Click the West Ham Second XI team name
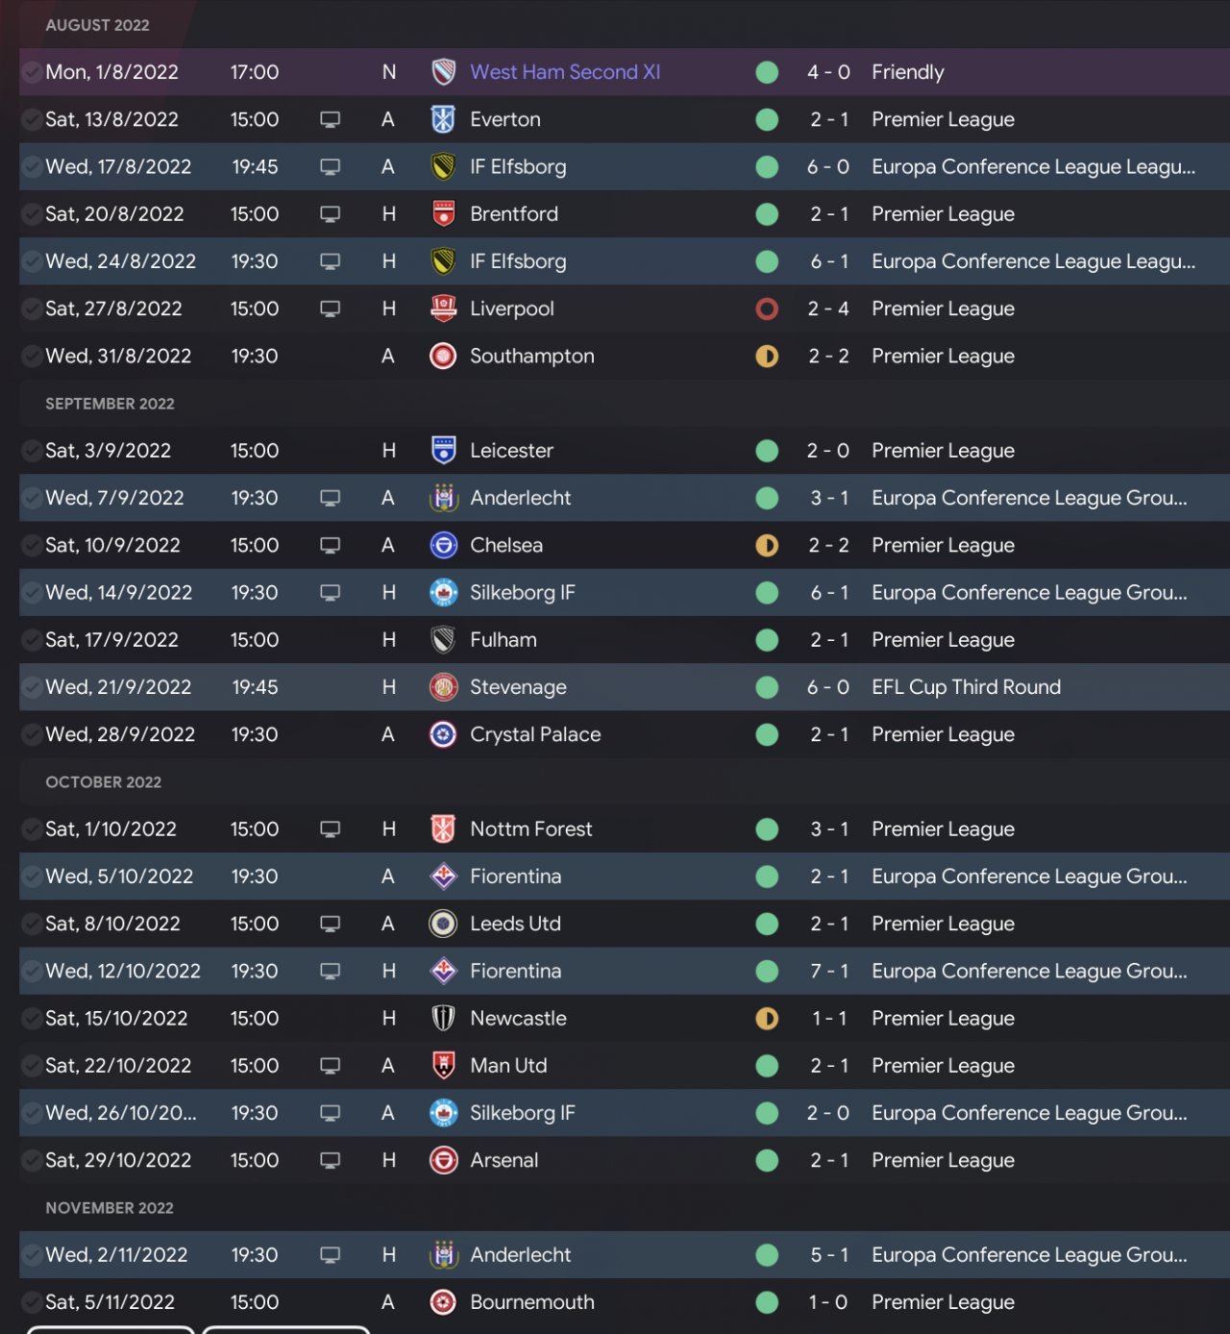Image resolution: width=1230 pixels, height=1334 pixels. click(x=565, y=72)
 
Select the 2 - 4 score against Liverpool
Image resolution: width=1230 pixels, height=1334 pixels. click(x=828, y=309)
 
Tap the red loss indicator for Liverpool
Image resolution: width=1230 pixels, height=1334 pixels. click(x=767, y=309)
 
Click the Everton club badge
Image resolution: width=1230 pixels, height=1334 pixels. click(x=443, y=119)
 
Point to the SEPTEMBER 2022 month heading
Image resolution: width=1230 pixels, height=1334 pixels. click(x=110, y=404)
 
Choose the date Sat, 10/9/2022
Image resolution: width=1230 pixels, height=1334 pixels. click(x=112, y=545)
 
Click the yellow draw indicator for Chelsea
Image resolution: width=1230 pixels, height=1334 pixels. click(x=767, y=545)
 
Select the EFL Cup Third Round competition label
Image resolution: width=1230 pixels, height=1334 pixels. click(x=966, y=687)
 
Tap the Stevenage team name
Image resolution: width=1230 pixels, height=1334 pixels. click(x=518, y=687)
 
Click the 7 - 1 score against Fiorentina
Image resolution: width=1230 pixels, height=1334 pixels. click(x=828, y=971)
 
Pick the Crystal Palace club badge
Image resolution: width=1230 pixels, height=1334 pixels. click(x=443, y=734)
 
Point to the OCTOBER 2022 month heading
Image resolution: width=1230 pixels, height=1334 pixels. click(x=103, y=782)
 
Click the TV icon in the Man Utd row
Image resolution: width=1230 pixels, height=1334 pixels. click(x=330, y=1066)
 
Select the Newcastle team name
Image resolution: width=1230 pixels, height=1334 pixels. click(x=518, y=1018)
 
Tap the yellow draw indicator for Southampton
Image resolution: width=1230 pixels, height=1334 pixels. click(x=767, y=356)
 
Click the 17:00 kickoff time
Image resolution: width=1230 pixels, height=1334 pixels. click(x=255, y=72)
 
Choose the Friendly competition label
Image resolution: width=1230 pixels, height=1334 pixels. click(x=907, y=72)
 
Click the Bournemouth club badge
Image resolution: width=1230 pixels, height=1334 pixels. click(x=443, y=1302)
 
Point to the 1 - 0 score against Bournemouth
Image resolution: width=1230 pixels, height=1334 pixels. click(x=828, y=1302)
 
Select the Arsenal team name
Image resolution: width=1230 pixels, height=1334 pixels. click(x=504, y=1160)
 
